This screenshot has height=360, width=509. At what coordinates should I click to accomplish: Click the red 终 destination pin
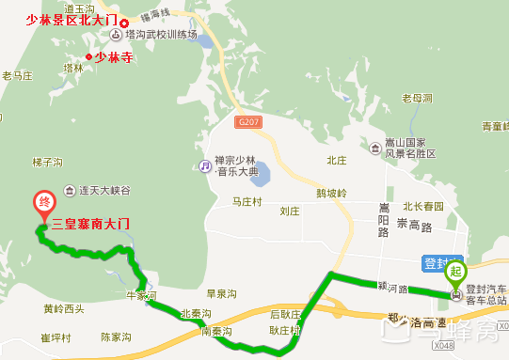click(x=42, y=204)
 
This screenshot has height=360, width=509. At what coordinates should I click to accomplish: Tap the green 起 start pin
click(x=456, y=274)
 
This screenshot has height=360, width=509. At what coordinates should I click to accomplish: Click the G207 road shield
click(x=248, y=122)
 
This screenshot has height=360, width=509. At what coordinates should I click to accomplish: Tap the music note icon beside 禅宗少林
click(x=203, y=166)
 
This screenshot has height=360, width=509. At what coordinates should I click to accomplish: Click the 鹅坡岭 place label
click(x=332, y=194)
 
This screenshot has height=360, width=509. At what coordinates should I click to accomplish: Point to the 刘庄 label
click(x=290, y=211)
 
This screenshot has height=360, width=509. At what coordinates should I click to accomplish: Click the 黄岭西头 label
click(x=63, y=308)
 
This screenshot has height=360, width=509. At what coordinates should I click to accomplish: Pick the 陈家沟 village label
click(x=118, y=336)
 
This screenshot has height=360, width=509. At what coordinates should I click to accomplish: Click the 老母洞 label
click(x=417, y=98)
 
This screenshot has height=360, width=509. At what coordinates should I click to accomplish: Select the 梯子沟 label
click(x=47, y=162)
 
